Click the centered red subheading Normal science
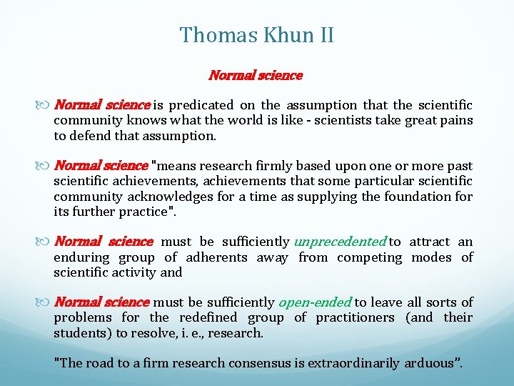tap(256, 75)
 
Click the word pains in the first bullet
tap(457, 121)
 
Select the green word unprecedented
tap(339, 242)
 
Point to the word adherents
tap(216, 257)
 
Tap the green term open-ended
tap(315, 303)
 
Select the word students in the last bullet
tap(78, 333)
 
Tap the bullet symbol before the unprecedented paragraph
tap(46, 242)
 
